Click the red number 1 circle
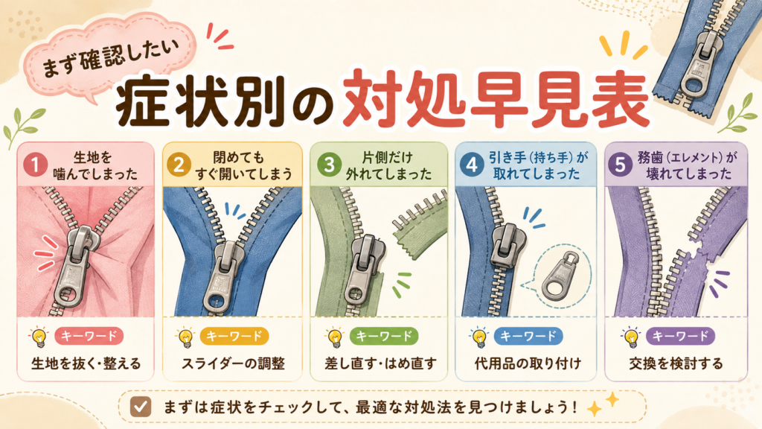pos(36,165)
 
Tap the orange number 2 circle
pos(179,165)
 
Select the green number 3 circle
pos(329,165)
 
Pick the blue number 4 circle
pos(471,165)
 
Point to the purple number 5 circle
pos(620,165)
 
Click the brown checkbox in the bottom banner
pos(141,407)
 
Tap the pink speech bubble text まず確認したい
pos(110,58)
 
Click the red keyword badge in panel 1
pos(89,336)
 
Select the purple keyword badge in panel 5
pos(680,336)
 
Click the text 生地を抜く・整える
pos(86,363)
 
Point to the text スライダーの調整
pos(233,363)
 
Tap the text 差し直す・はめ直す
pos(380,363)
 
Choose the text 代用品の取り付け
pos(528,363)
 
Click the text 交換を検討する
pos(676,363)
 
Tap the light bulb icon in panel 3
pos(334,337)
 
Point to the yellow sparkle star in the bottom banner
pos(603,404)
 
